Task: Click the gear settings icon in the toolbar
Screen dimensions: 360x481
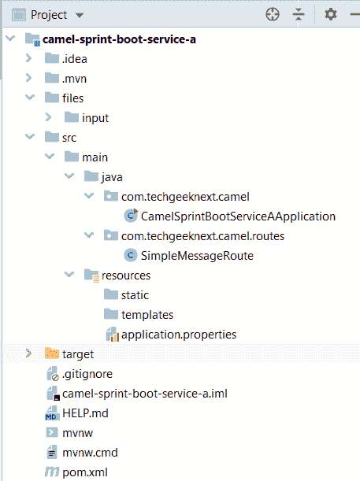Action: point(331,14)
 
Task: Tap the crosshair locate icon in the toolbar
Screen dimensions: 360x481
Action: point(273,14)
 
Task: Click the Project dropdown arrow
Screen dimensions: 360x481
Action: point(80,15)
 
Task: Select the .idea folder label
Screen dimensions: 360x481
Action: point(75,59)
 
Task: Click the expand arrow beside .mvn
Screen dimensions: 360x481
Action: point(29,78)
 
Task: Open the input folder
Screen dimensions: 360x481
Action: point(95,118)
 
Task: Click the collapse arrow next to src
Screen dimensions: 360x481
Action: point(30,136)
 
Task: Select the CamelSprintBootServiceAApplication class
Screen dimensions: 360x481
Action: point(238,216)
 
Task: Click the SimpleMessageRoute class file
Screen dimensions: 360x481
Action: point(197,256)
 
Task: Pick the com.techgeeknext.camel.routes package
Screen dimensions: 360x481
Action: point(202,236)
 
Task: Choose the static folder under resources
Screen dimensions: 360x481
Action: point(135,295)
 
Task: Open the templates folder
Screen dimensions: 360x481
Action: point(147,315)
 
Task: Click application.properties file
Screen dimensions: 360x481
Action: point(179,335)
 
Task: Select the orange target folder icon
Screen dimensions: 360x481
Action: point(51,353)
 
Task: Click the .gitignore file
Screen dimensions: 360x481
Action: point(87,374)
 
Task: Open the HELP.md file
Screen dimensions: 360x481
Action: point(85,413)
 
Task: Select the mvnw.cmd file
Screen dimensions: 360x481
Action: point(90,453)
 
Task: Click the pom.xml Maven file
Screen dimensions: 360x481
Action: point(85,472)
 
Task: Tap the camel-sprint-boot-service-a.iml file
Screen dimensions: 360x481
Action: point(145,394)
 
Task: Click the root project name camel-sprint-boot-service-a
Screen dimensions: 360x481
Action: point(119,39)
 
